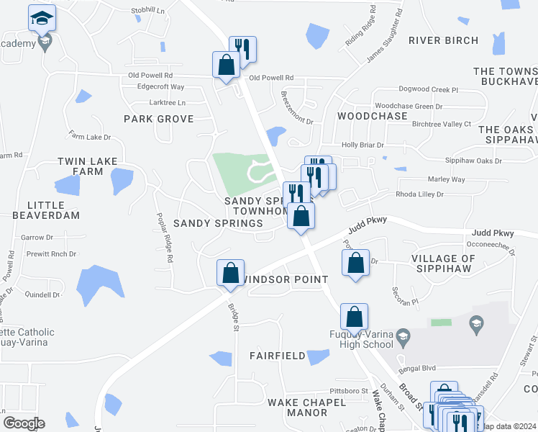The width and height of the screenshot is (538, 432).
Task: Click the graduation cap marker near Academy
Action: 42,17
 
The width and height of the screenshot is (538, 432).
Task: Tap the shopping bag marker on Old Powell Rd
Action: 226,65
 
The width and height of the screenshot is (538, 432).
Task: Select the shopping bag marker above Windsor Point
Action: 230,273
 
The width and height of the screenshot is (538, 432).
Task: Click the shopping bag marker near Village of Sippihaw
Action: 355,263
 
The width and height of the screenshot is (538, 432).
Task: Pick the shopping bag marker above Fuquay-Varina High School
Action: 354,317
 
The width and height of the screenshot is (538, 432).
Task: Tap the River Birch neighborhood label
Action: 443,40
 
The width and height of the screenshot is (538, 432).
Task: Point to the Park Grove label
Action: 158,119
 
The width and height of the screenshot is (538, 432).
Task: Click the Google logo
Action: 24,423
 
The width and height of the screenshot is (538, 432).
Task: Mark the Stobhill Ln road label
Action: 147,12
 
